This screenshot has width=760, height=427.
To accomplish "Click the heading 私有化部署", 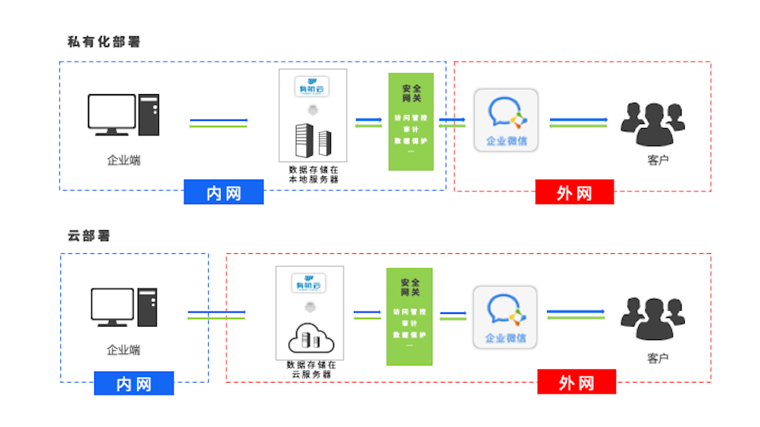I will point(104,42).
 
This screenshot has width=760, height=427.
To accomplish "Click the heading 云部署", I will point(89,236).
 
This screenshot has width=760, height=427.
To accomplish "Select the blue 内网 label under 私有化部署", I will point(223,192).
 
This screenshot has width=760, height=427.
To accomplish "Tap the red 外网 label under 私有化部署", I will point(574,192).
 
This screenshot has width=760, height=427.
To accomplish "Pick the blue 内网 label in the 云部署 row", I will point(134,384).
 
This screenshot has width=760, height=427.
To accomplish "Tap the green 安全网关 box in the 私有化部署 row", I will point(411,122).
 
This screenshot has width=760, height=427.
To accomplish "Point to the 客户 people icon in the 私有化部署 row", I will point(652,124).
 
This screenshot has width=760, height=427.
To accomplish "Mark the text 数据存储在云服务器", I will point(311,369).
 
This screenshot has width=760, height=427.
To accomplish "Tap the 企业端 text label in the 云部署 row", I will point(123,350).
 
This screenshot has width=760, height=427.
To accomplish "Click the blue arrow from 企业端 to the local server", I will point(218,121).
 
